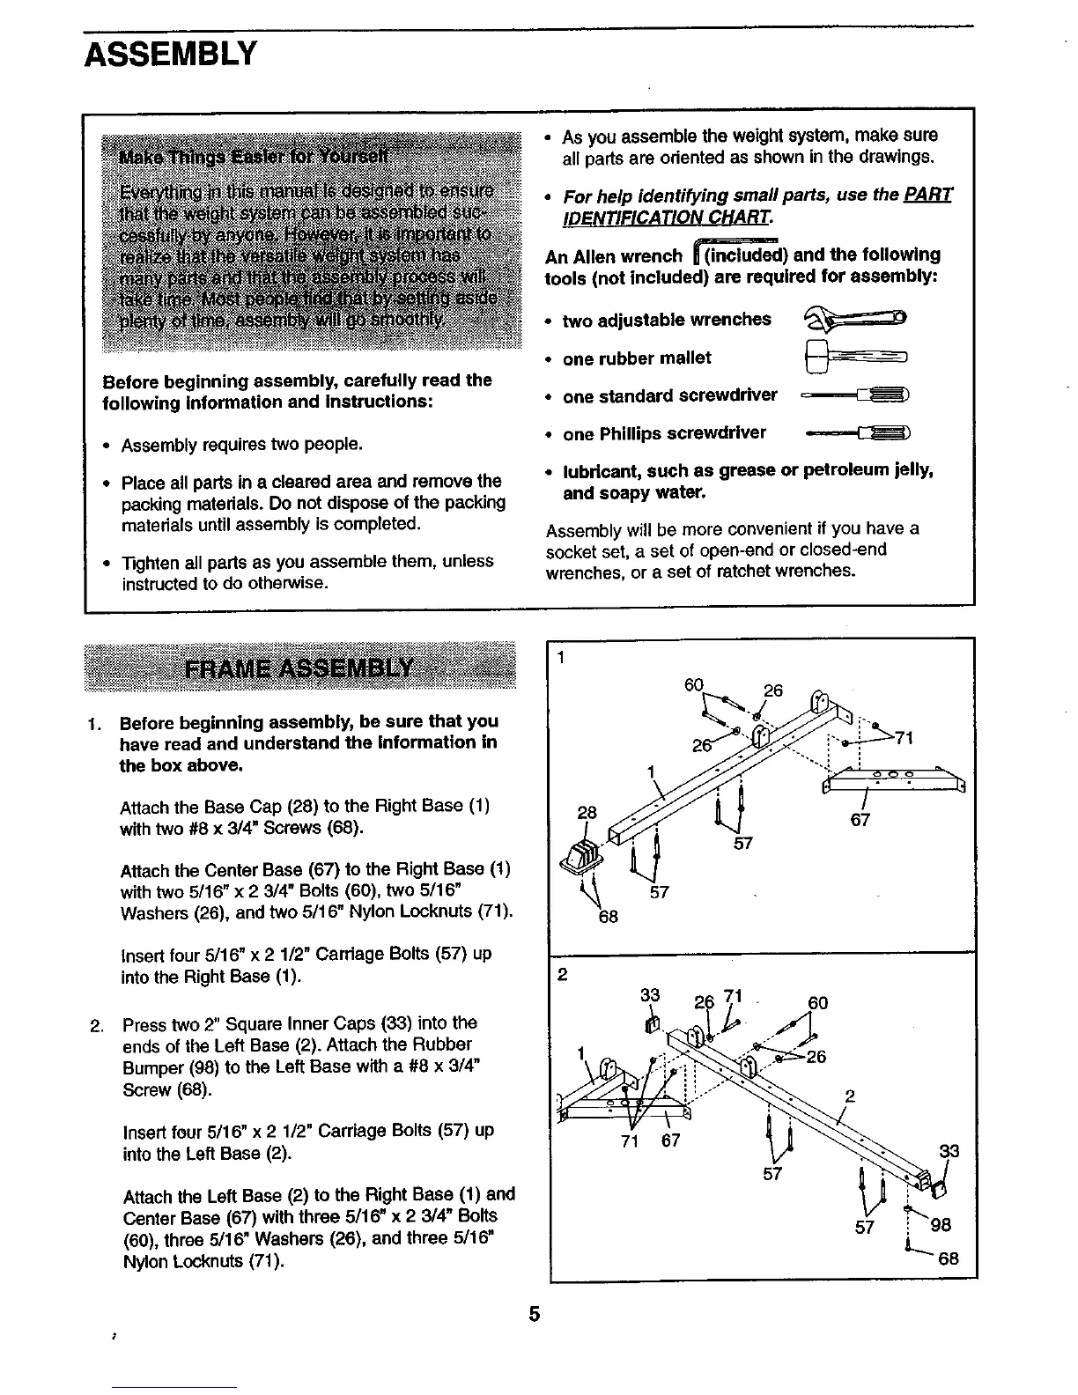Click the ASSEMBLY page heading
point(170,55)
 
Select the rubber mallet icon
point(853,357)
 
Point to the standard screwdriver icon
point(855,396)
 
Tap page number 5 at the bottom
point(534,1315)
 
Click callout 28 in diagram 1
point(587,812)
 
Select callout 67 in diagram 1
point(860,820)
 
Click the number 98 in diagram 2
point(941,1225)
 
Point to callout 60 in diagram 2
point(817,1003)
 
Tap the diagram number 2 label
point(563,975)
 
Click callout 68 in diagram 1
point(608,917)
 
